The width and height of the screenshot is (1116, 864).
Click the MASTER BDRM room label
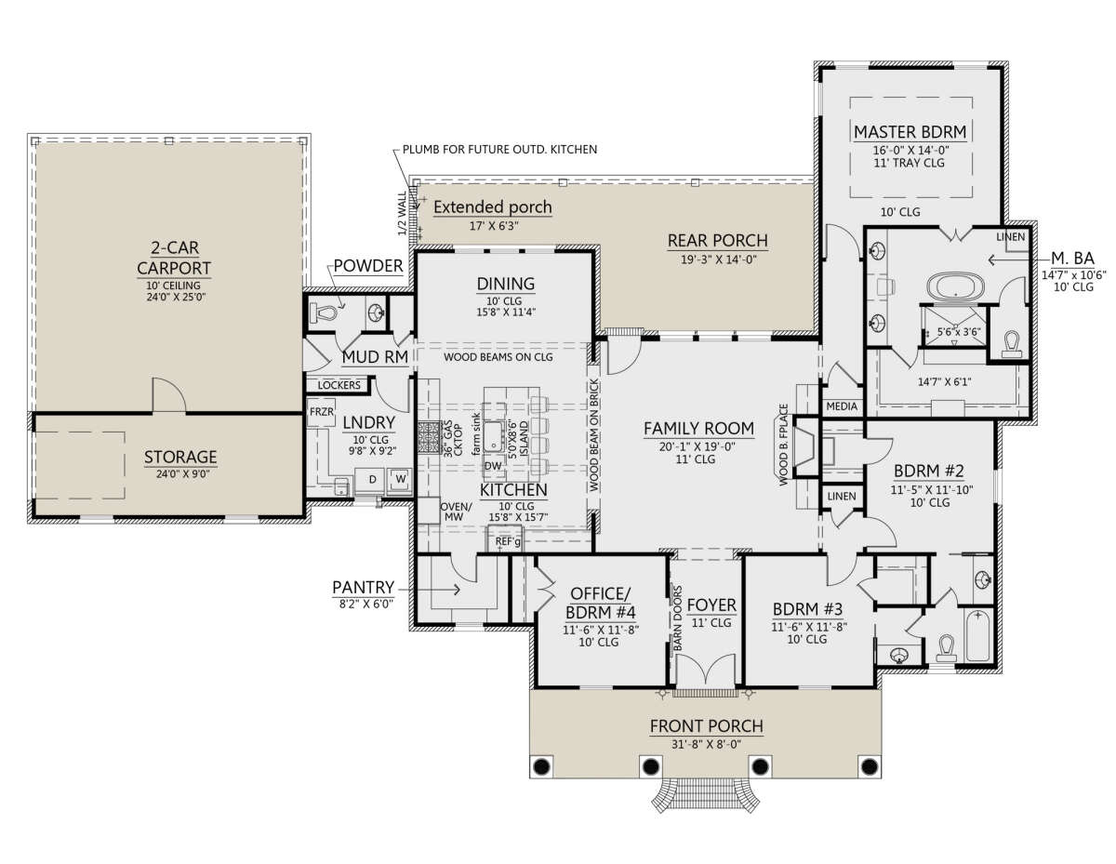pos(910,132)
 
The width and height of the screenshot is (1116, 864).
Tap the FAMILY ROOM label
pos(698,428)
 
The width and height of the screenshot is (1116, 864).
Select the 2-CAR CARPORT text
pos(174,258)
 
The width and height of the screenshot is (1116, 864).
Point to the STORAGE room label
pos(180,457)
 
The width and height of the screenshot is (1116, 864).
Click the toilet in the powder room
pos(323,312)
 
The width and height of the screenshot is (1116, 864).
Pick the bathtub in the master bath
pos(955,286)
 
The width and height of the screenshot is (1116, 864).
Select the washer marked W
pos(401,479)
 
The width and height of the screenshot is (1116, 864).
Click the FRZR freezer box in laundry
pos(322,412)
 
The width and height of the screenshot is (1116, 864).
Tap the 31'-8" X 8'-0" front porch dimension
pos(706,744)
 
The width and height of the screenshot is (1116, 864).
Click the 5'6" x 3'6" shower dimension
pos(958,332)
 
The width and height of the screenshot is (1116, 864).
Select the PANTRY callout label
pos(363,587)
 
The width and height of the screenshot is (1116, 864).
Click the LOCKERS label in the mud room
pos(339,385)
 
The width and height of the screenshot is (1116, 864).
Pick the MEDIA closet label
pos(842,406)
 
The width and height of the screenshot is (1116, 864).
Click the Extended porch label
pos(493,206)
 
